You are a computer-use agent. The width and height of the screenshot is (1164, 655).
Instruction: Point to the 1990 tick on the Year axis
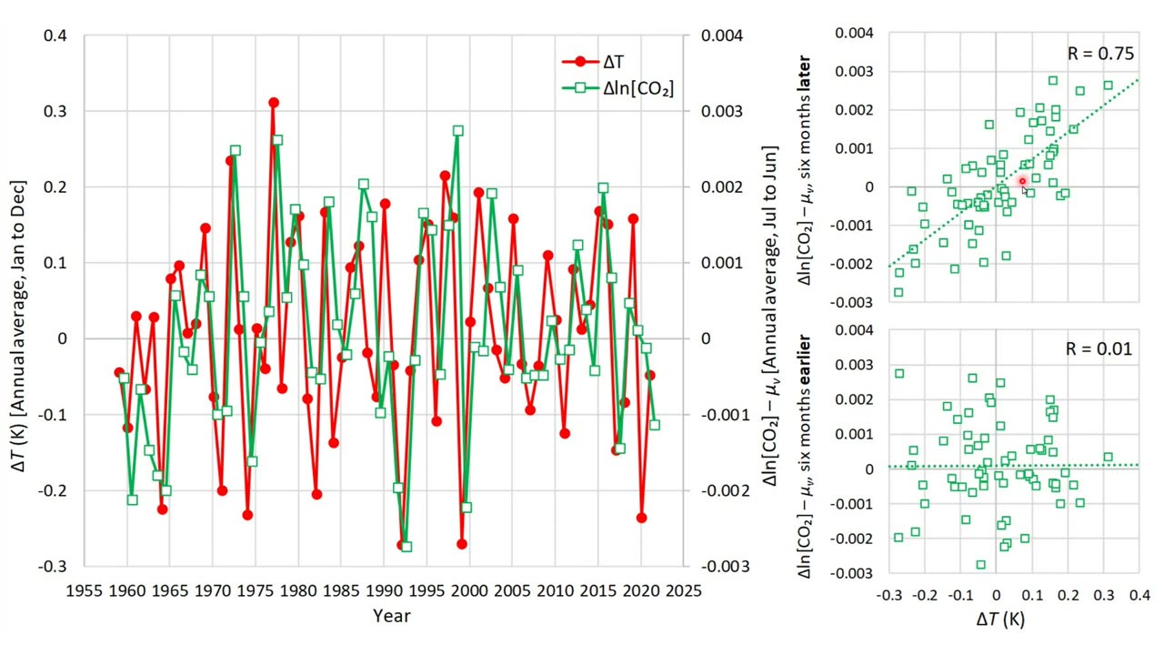[384, 590]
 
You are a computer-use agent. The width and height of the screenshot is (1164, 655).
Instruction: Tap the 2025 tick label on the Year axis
[683, 590]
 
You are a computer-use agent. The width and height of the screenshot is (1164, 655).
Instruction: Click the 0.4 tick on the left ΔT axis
[55, 35]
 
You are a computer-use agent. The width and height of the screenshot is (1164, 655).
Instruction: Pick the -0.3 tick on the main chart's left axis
[53, 566]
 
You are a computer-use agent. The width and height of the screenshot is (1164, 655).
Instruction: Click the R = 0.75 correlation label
[1100, 54]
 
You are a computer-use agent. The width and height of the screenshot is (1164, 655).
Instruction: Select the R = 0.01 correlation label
[1100, 348]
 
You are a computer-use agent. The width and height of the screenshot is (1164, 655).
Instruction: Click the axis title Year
[391, 616]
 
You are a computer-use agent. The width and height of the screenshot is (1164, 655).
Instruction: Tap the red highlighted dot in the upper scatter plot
[1022, 182]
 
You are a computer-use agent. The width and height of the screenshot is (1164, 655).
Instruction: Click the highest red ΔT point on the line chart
[274, 103]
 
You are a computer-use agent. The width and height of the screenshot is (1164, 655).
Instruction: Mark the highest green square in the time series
[457, 130]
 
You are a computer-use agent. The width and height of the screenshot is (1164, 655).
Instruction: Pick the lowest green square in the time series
[406, 547]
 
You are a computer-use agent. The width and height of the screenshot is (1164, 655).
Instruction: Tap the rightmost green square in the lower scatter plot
[1108, 457]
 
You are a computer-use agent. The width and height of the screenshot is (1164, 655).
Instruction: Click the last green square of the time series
[655, 425]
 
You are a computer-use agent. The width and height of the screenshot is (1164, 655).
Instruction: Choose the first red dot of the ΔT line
[119, 372]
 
